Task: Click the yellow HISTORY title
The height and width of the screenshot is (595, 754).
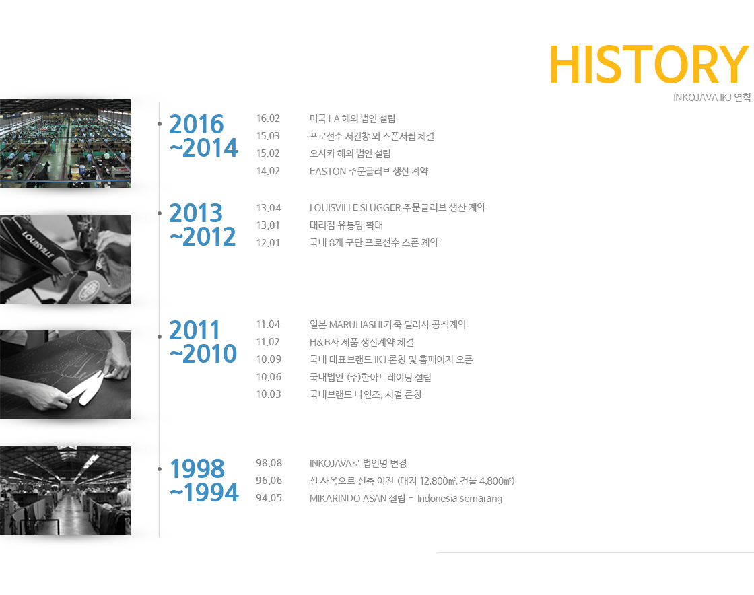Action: point(649,65)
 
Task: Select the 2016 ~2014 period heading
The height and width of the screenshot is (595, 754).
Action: point(203,136)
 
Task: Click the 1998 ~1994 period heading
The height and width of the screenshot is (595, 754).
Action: point(204,480)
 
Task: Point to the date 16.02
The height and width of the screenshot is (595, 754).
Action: point(268,118)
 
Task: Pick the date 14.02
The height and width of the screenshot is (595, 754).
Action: point(268,170)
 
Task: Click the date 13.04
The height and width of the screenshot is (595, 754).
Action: point(269,207)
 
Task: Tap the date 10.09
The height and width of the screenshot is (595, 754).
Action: point(269,359)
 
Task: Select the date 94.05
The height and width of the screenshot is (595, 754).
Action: point(269,498)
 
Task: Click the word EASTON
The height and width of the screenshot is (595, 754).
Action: point(327,171)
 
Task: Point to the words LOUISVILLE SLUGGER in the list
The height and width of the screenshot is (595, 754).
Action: point(355,207)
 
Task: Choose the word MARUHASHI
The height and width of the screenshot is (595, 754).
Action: point(355,325)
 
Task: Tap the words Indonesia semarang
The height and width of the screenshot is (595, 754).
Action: point(460,498)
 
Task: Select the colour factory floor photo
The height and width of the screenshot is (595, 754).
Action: point(65,143)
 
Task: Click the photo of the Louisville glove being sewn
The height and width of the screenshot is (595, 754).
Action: point(65,259)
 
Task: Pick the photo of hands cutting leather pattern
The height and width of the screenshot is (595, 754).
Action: point(65,375)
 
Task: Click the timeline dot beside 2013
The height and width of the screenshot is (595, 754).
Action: point(160,213)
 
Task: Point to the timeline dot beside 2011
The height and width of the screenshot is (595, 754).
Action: point(160,337)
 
